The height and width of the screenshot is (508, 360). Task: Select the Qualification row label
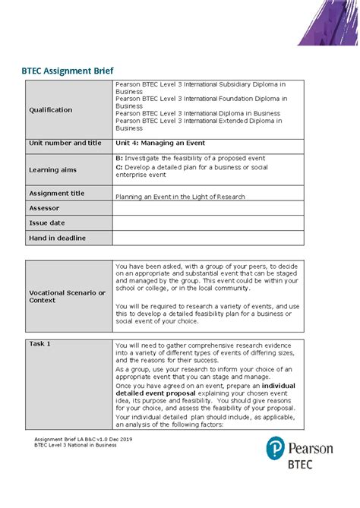pos(51,109)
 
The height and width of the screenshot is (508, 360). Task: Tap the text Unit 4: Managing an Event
pos(159,143)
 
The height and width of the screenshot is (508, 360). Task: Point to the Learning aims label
pos(52,169)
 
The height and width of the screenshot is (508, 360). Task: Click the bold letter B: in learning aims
pos(119,157)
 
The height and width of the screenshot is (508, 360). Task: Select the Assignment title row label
pos(56,194)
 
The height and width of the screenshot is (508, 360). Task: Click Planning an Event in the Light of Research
pos(180,197)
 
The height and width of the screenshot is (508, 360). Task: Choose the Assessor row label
pos(44,207)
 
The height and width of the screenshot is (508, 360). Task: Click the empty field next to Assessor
pos(207,208)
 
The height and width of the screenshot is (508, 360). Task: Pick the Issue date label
pos(47,222)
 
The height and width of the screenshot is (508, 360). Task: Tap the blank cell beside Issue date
pos(207,223)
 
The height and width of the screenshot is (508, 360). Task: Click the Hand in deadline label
pos(57,238)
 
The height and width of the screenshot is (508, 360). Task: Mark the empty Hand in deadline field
pos(207,238)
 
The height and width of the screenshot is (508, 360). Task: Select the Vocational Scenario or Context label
pos(67,296)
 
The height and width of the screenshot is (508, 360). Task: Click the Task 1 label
pos(39,344)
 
